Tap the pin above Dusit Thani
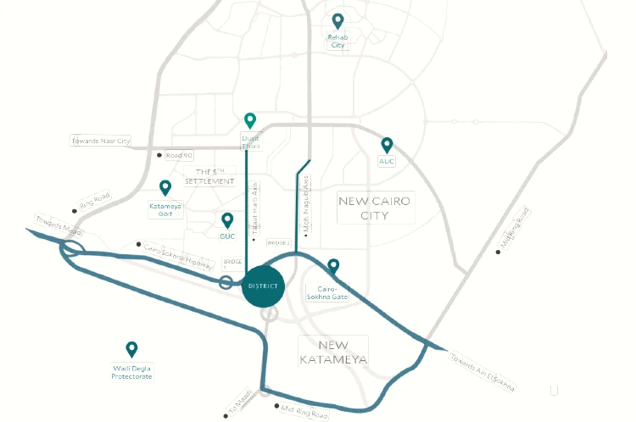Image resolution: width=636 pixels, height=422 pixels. [249, 120]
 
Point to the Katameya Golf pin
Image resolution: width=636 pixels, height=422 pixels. [165, 187]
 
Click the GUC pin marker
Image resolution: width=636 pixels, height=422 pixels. [227, 220]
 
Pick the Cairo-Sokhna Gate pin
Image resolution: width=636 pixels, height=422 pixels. [333, 266]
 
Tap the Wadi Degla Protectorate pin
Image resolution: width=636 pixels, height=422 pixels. [131, 348]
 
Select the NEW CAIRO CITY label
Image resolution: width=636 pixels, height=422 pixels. [375, 208]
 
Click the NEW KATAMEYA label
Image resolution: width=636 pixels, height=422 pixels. [333, 353]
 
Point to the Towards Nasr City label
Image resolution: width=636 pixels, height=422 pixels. [101, 141]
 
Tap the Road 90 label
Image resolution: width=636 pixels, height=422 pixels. [180, 155]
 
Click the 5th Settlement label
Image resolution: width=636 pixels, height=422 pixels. [209, 176]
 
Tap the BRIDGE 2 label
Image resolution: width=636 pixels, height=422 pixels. [279, 243]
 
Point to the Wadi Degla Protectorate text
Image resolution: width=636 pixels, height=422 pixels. [132, 371]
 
